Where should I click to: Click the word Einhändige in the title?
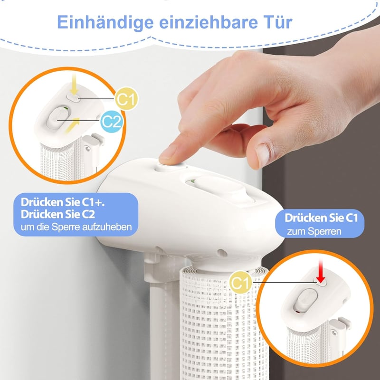(x=105, y=23)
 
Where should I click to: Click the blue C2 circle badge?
(x=112, y=122)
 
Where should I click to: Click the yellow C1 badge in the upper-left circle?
(x=126, y=99)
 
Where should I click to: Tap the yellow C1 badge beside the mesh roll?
(x=241, y=282)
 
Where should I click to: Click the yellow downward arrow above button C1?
(x=74, y=84)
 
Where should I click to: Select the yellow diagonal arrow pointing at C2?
(x=73, y=125)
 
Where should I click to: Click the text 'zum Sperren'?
(x=314, y=231)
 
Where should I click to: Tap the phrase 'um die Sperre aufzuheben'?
(x=76, y=227)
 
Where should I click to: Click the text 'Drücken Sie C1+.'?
(x=63, y=202)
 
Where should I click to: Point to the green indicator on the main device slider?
(x=193, y=181)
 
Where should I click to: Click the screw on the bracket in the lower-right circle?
(x=334, y=332)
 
